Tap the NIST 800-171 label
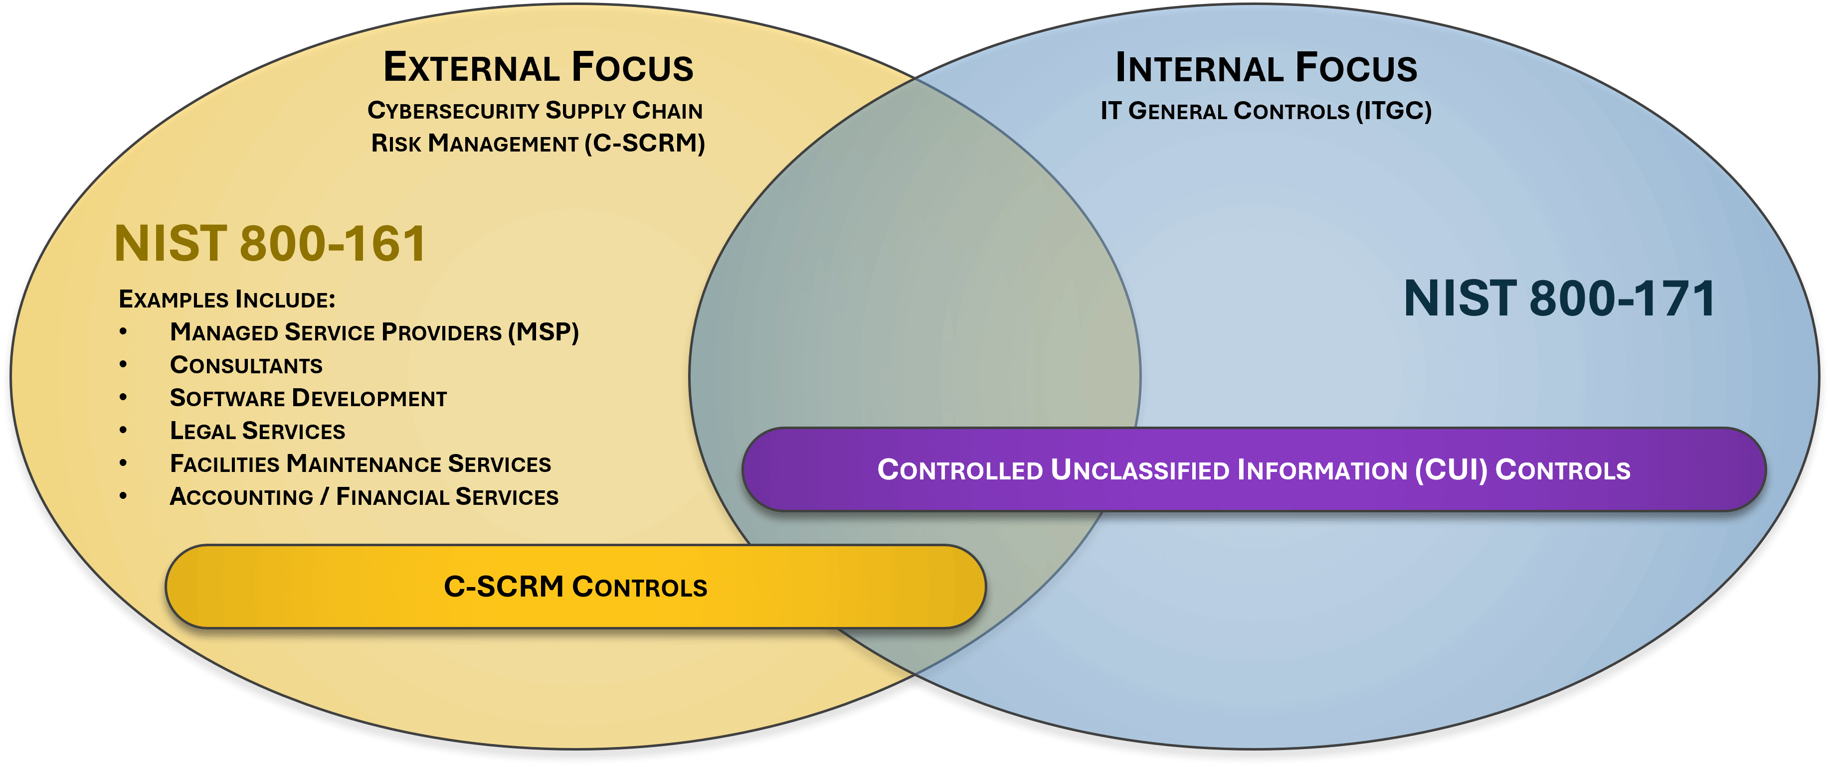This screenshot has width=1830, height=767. coord(1559,298)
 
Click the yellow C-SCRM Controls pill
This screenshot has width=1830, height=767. coord(575,587)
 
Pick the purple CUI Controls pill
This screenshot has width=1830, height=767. coord(1254,469)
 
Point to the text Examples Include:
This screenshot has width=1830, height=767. coord(226,300)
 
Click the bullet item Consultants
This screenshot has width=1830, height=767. coord(246,365)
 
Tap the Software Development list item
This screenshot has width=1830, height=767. coord(308,398)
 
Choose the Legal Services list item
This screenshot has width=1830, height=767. coord(257,431)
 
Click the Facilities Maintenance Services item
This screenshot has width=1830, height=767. coord(360,464)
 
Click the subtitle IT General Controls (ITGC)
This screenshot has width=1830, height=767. coord(1266,111)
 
